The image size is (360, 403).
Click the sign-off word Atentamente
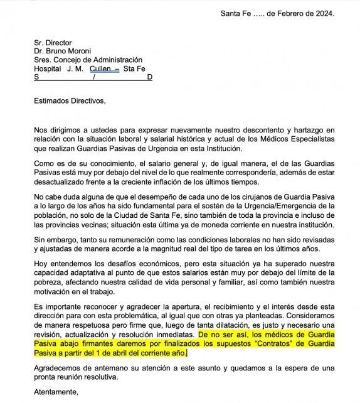pyautogui.click(x=56, y=392)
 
